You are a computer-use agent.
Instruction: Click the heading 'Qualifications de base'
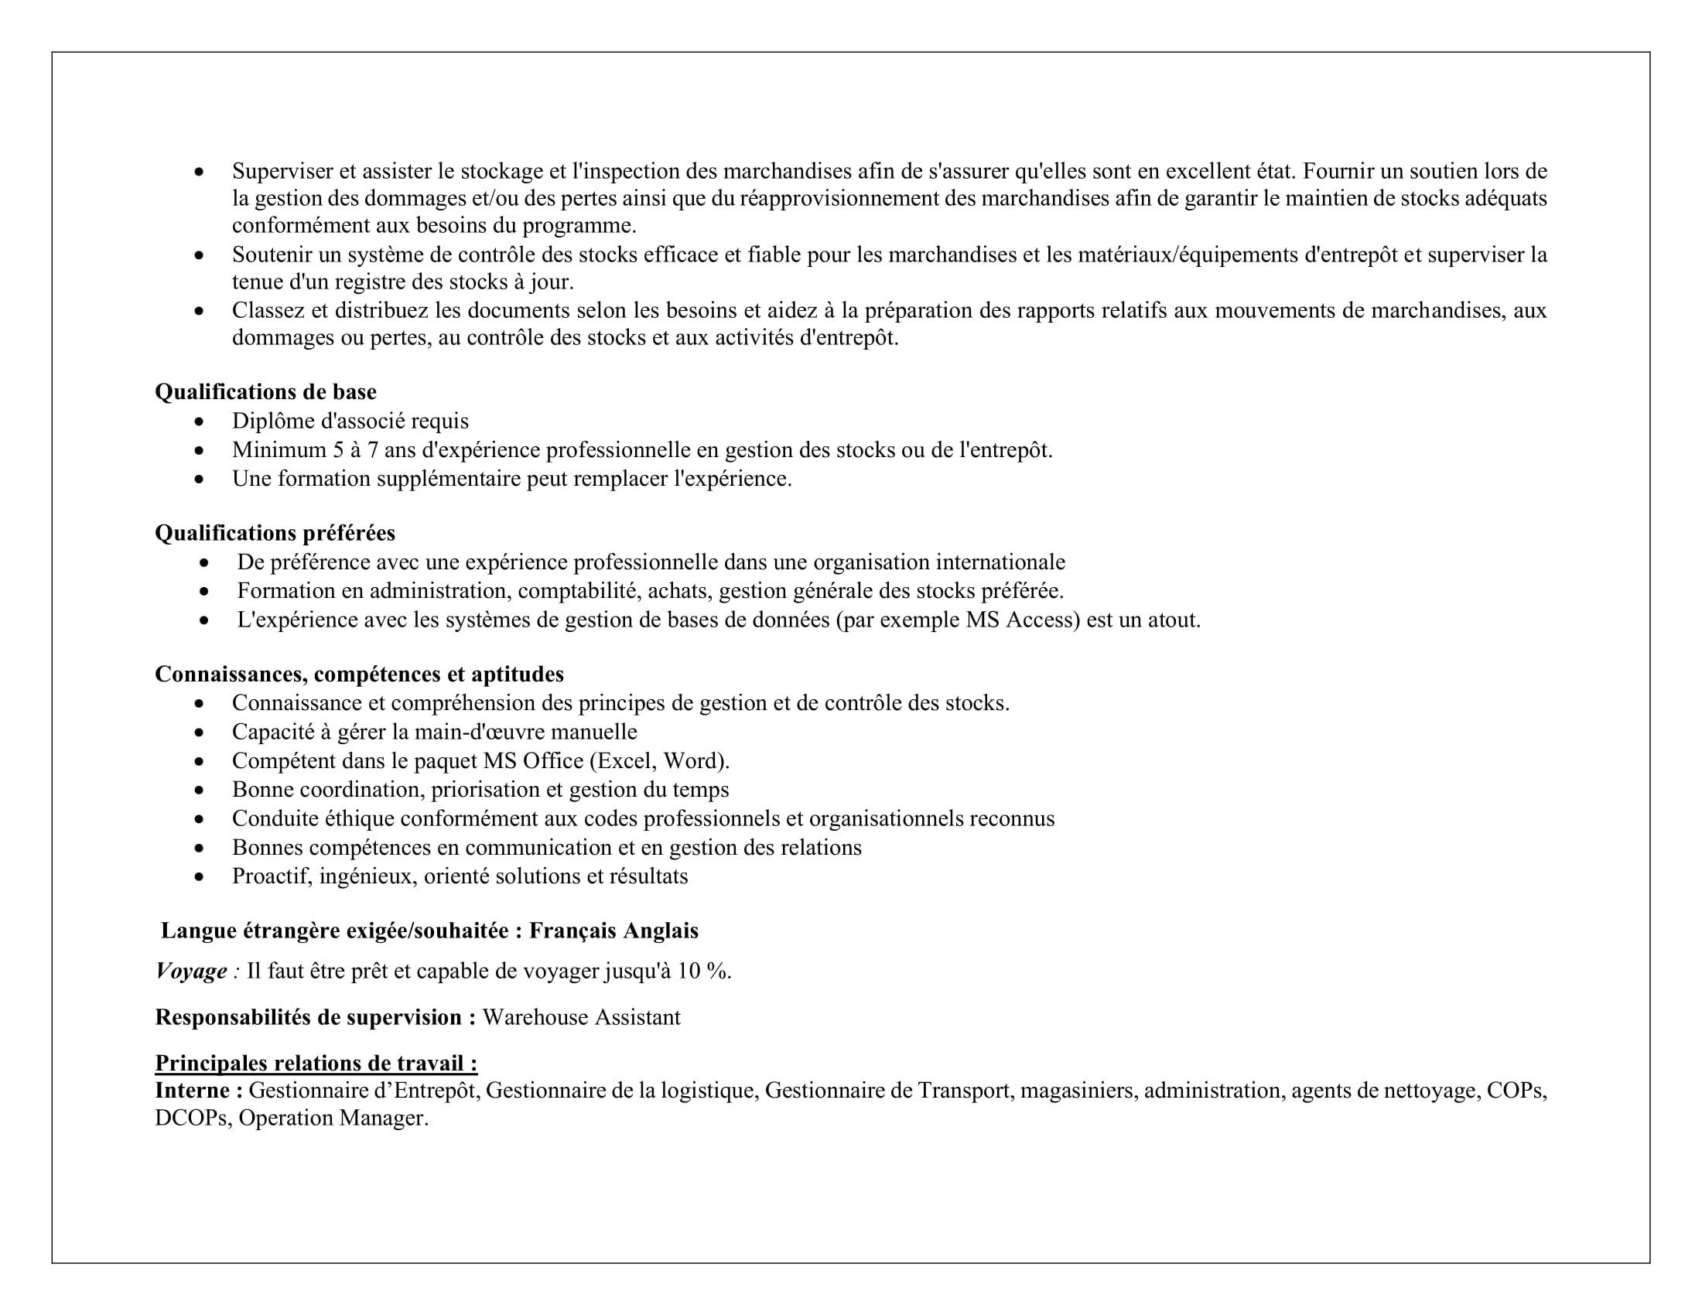(265, 392)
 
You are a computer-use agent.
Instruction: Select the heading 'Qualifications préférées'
(275, 533)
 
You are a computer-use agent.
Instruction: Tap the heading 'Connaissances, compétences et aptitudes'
(359, 674)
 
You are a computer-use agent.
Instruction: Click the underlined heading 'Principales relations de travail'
(316, 1064)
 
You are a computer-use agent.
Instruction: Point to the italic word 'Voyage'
(191, 972)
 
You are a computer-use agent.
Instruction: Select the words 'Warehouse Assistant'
(581, 1017)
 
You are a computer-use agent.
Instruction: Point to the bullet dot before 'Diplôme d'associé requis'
(200, 422)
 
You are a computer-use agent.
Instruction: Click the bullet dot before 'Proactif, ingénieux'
(200, 877)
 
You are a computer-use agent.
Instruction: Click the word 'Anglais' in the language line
(661, 931)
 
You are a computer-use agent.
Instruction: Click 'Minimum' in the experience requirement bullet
(279, 450)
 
